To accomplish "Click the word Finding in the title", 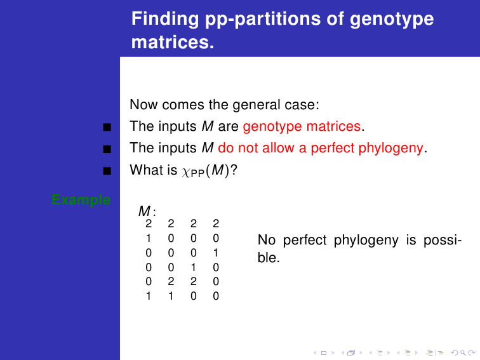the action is pyautogui.click(x=165, y=19).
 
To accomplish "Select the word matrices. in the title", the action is pyautogui.click(x=173, y=43).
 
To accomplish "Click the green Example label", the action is pyautogui.click(x=81, y=200).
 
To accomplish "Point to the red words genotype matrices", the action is pyautogui.click(x=302, y=126).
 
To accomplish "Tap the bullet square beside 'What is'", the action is pyautogui.click(x=107, y=171).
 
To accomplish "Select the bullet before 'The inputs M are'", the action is pyautogui.click(x=107, y=127).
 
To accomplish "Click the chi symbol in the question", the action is pyautogui.click(x=186, y=172).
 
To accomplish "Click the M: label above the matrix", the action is pyautogui.click(x=147, y=211).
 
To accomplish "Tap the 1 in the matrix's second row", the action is pyautogui.click(x=149, y=238).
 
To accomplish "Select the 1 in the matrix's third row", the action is pyautogui.click(x=216, y=253).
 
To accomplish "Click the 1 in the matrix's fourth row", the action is pyautogui.click(x=194, y=267).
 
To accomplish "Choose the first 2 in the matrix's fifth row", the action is pyautogui.click(x=171, y=281).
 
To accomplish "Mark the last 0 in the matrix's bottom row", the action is pyautogui.click(x=216, y=296).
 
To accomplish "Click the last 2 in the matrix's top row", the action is pyautogui.click(x=216, y=223).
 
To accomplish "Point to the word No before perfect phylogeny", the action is pyautogui.click(x=267, y=240).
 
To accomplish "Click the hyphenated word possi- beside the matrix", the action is pyautogui.click(x=443, y=241).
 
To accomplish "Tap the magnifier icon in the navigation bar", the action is pyautogui.click(x=463, y=353).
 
